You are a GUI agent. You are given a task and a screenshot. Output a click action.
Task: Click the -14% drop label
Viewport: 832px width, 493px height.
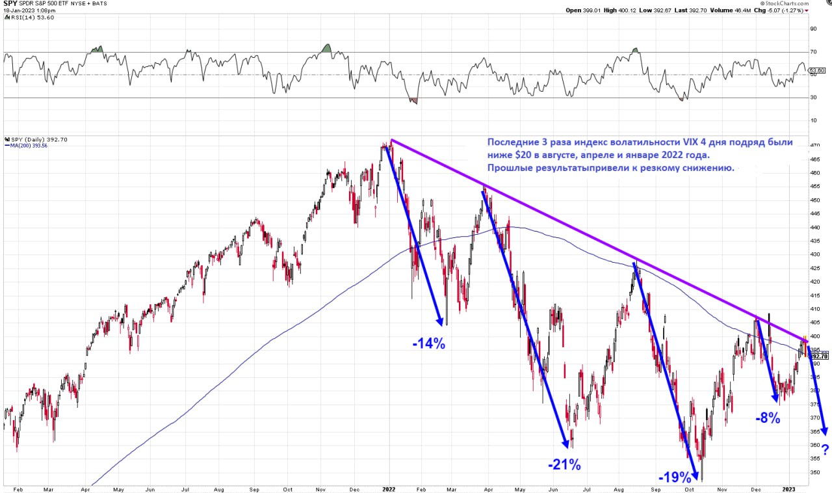pyautogui.click(x=428, y=343)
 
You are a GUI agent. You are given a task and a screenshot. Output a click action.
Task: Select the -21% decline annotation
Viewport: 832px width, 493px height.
pyautogui.click(x=564, y=464)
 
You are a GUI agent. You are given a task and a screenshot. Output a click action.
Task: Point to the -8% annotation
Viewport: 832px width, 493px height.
pyautogui.click(x=767, y=418)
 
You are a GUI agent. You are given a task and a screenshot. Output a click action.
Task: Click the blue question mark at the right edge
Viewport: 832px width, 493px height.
pyautogui.click(x=825, y=449)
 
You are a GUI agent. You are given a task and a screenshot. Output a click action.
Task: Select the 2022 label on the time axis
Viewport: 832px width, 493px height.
pyautogui.click(x=389, y=487)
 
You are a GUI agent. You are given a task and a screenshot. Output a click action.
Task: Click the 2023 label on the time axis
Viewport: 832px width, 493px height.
pyautogui.click(x=789, y=487)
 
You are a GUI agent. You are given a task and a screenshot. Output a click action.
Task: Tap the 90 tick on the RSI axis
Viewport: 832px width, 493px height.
pyautogui.click(x=812, y=29)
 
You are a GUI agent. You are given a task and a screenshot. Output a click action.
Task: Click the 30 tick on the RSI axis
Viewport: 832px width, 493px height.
pyautogui.click(x=812, y=98)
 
